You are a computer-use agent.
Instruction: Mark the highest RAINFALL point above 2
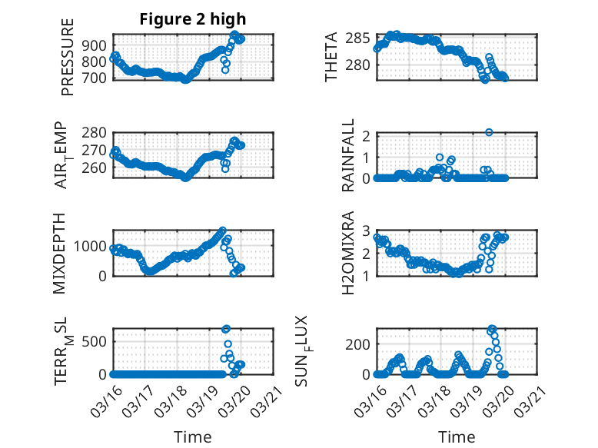[489, 132]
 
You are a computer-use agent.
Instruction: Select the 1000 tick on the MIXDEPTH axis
[94, 247]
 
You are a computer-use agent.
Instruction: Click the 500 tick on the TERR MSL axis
[98, 341]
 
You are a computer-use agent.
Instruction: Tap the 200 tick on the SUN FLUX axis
[361, 343]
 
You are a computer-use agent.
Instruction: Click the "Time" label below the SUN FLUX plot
[457, 436]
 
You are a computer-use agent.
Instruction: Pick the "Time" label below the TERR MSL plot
[193, 436]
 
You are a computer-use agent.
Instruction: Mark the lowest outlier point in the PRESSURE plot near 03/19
[225, 70]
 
